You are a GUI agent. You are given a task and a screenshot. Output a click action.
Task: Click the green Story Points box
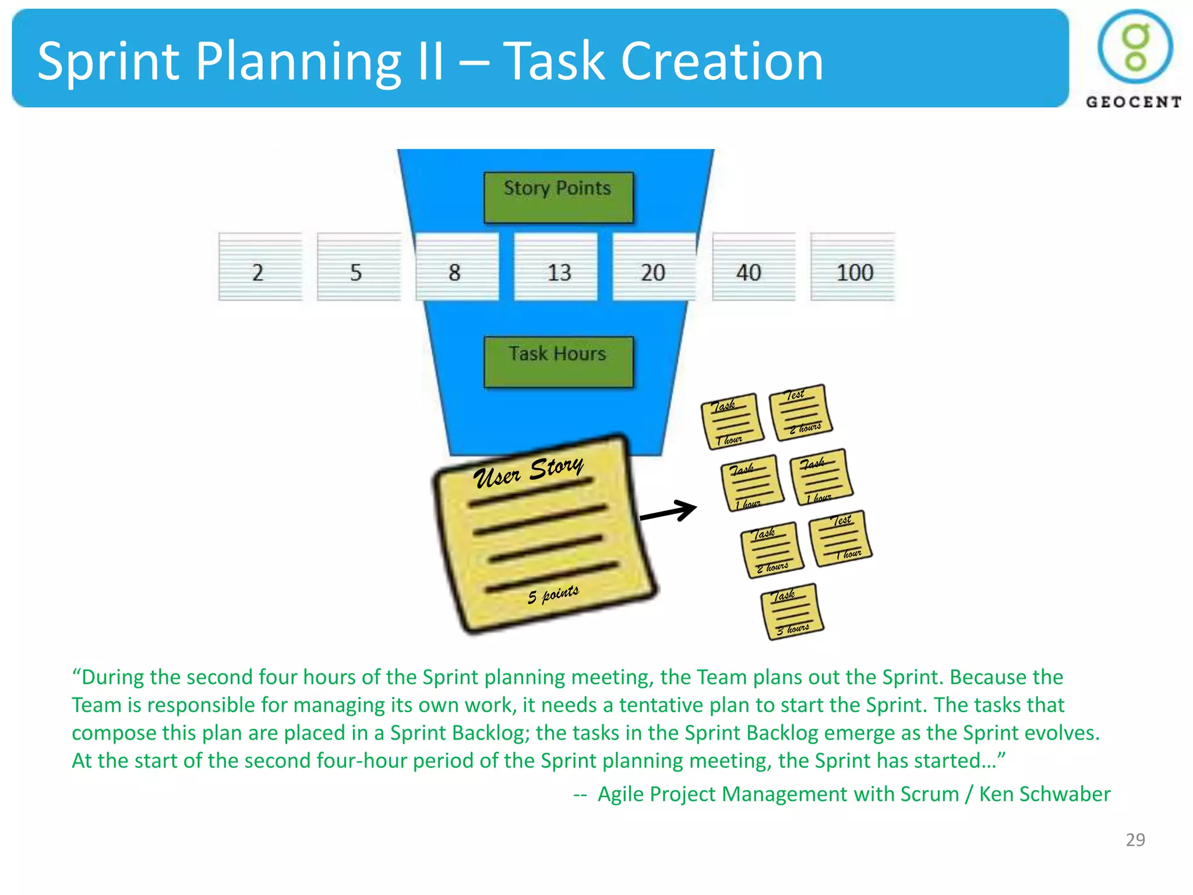558,197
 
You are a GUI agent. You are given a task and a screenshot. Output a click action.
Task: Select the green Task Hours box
558,361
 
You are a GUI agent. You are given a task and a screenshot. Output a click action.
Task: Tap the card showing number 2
260,267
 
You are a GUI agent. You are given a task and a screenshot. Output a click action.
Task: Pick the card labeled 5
358,267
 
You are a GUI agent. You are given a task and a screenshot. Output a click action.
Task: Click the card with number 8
457,267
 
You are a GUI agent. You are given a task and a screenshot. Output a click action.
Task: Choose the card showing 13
556,267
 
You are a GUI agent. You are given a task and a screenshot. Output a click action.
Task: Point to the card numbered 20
654,267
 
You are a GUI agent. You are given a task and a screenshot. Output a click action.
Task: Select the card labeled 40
753,267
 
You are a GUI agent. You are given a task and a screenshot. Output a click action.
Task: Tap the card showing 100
852,267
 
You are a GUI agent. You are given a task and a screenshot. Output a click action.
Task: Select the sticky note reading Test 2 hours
800,413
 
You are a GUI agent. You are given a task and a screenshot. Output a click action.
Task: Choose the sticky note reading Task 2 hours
771,549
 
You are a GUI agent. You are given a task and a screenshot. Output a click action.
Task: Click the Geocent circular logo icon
1135,47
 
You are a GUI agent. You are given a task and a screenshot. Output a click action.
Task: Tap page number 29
1135,840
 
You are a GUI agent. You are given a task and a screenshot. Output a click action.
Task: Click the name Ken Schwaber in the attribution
1044,794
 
